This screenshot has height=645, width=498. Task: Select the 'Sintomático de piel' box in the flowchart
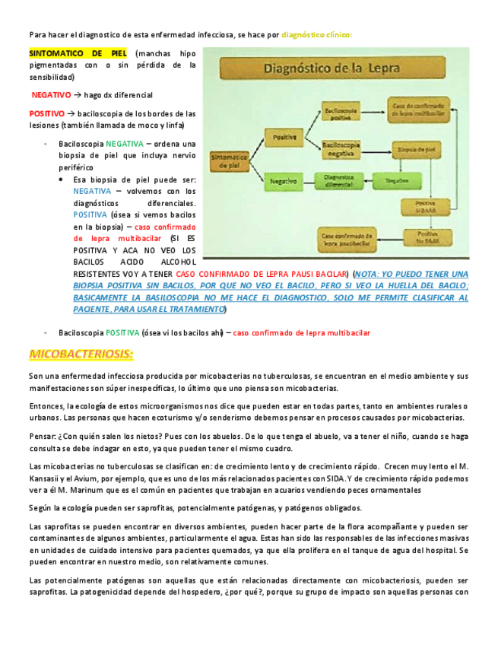pos(229,159)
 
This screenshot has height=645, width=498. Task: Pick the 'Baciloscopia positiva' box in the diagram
pos(341,113)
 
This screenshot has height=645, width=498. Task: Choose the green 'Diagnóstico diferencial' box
pos(342,181)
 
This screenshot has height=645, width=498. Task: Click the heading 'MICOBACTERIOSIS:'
pos(81,354)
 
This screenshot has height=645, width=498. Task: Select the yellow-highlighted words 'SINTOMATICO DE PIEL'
pos(78,54)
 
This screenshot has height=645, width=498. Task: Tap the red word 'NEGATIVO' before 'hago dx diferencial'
pos(50,95)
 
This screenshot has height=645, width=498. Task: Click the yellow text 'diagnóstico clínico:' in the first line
pos(316,34)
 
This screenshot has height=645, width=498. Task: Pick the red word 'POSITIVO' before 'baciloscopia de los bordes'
pos(46,113)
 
